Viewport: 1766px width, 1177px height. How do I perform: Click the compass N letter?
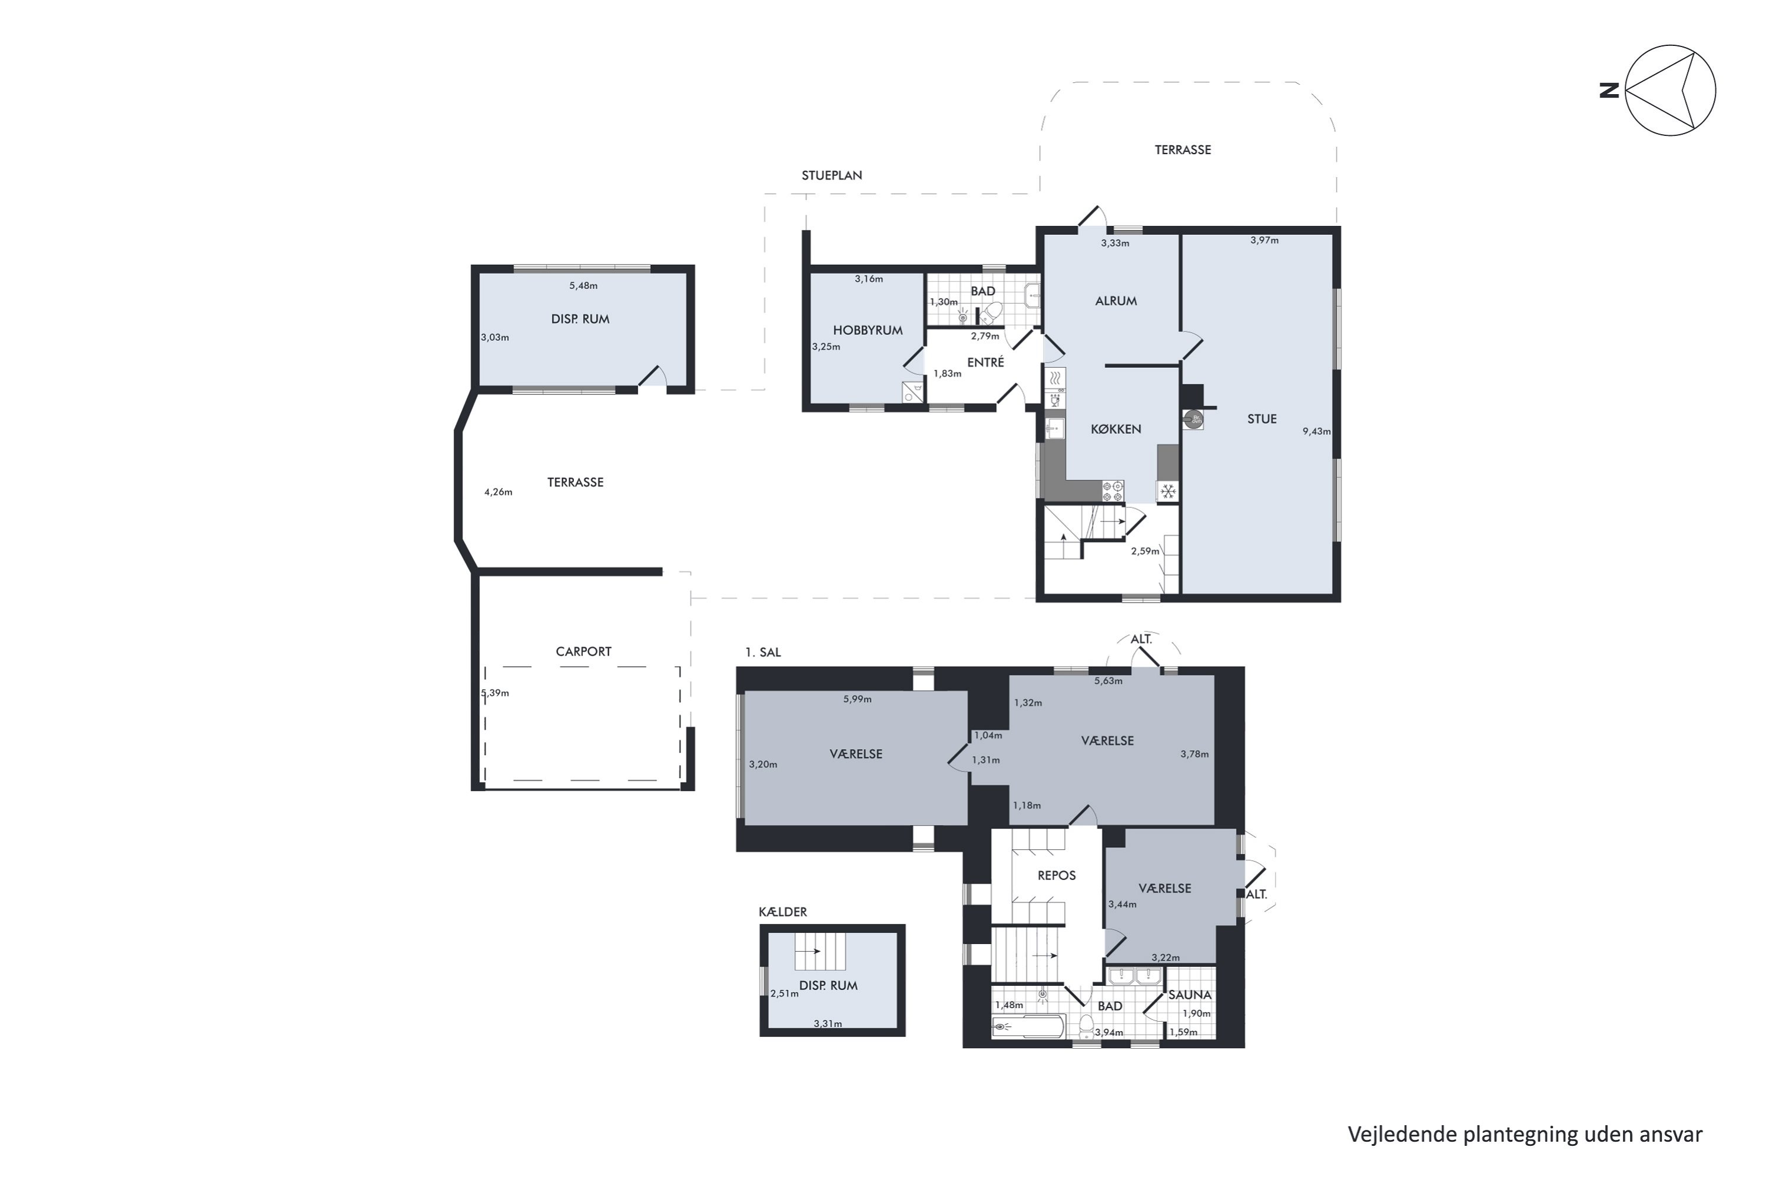coord(1608,91)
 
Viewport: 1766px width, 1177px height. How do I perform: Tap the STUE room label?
coord(1262,419)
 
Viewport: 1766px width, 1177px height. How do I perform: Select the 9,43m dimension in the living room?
coord(1316,431)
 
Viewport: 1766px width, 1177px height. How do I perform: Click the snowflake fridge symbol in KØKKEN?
coord(1167,491)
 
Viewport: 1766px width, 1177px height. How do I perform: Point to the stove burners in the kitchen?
coord(1112,491)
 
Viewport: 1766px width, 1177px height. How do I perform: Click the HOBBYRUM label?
coord(867,330)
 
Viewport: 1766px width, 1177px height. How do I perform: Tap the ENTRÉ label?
coord(985,363)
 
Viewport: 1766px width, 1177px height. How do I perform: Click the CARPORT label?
coord(583,651)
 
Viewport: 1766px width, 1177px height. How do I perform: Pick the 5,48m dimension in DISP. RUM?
coord(583,285)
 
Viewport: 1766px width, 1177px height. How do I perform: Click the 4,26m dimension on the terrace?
coord(498,493)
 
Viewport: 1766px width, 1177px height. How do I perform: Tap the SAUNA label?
coord(1189,995)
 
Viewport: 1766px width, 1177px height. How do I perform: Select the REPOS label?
coord(1057,875)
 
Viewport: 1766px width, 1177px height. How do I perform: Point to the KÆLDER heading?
coord(782,912)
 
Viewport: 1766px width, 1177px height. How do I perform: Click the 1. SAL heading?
coord(763,652)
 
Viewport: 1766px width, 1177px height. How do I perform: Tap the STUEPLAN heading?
coord(831,175)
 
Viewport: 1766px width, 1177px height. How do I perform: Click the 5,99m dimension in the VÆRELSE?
coord(857,699)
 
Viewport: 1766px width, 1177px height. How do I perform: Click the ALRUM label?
coord(1116,301)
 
